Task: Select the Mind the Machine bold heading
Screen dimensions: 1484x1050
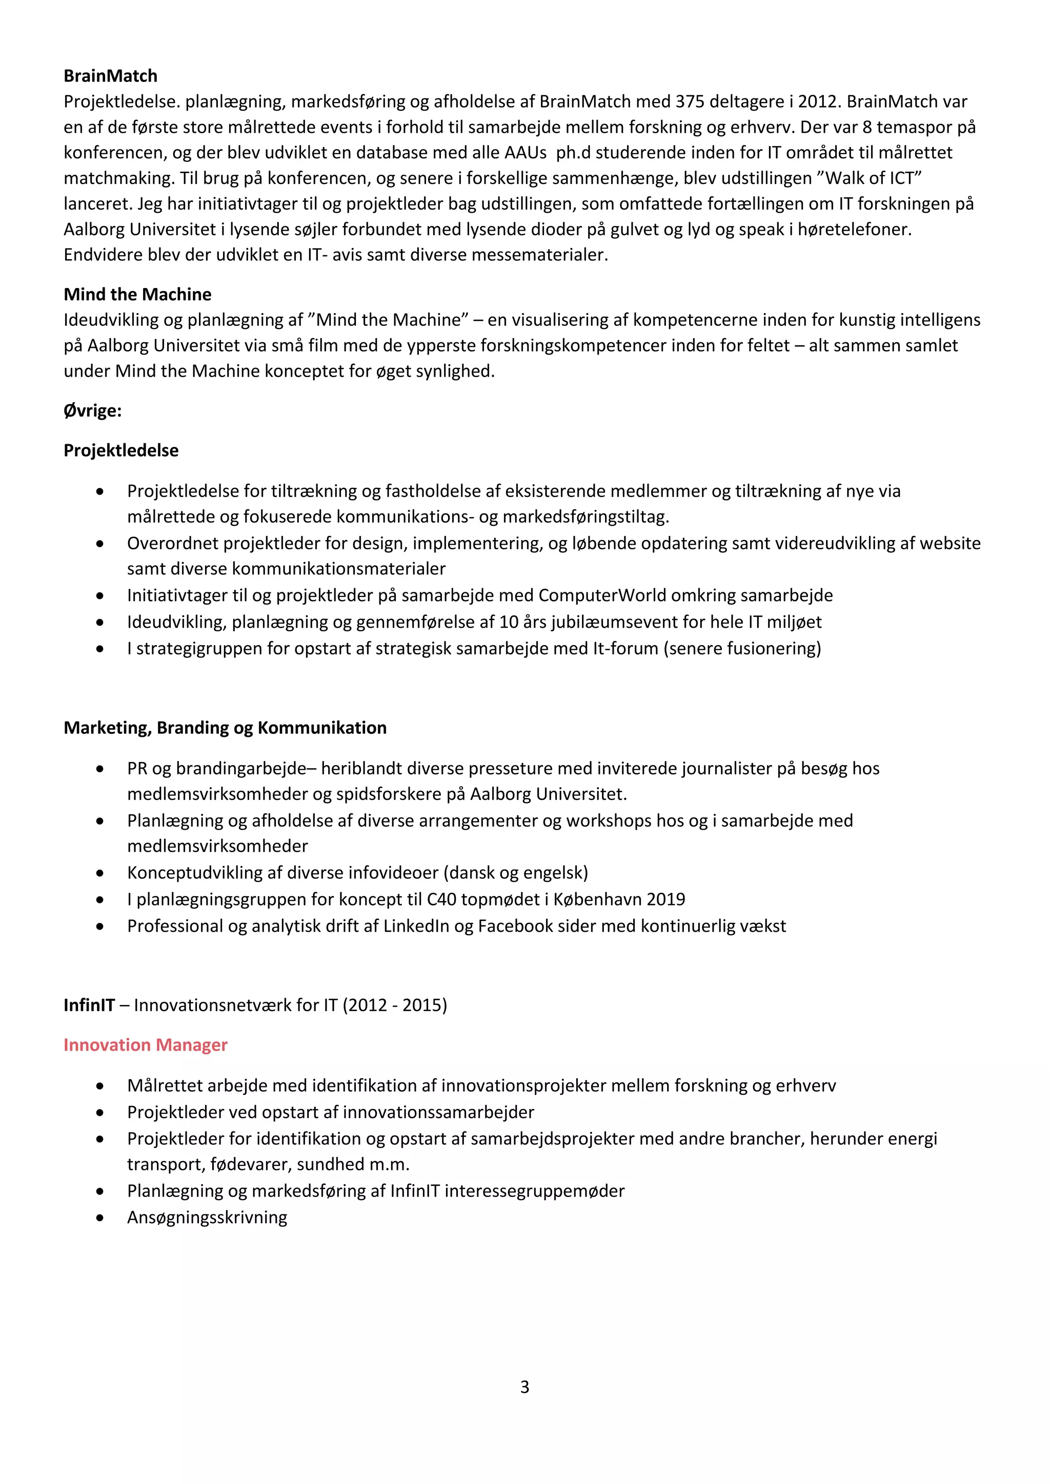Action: (x=137, y=295)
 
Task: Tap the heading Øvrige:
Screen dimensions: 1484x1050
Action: (x=92, y=411)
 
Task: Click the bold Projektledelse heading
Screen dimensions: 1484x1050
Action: (x=121, y=450)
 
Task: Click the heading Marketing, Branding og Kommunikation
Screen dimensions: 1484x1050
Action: (x=225, y=728)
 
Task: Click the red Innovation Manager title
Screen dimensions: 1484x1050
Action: (x=146, y=1045)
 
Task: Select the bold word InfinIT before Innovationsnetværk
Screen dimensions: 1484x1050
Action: (x=89, y=1005)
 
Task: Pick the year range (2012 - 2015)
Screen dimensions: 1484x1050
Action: (x=394, y=1005)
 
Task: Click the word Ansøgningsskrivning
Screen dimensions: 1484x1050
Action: (x=207, y=1218)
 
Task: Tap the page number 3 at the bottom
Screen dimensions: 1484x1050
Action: (x=524, y=1387)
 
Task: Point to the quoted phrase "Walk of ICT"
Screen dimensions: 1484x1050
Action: (x=873, y=178)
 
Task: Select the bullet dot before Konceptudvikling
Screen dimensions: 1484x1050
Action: (x=99, y=873)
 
